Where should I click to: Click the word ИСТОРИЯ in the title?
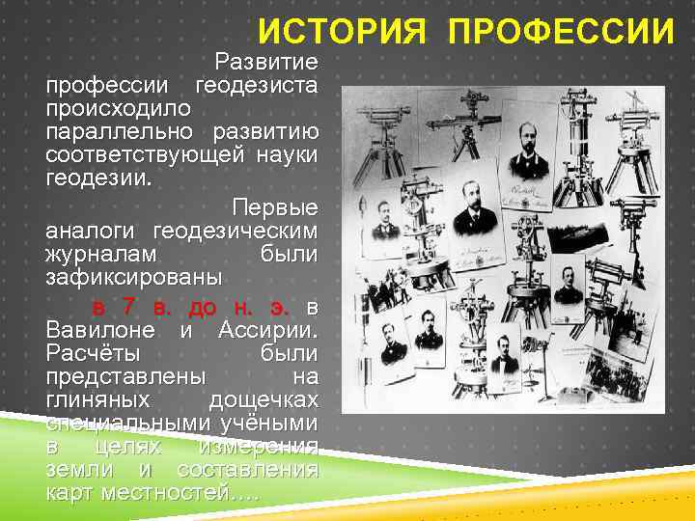(x=341, y=31)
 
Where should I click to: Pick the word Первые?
(x=274, y=208)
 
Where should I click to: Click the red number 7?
(x=129, y=308)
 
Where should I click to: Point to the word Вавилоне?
(x=102, y=331)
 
